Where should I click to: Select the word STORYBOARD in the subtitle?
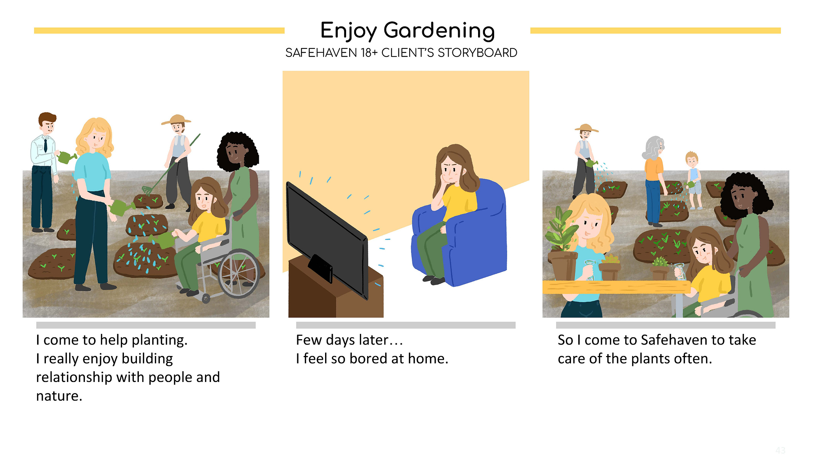(477, 53)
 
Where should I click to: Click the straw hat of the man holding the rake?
(176, 120)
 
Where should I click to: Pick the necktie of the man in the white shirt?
(46, 145)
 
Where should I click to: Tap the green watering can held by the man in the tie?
(67, 157)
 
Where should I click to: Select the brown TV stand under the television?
(335, 288)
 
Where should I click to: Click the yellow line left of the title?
(159, 31)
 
